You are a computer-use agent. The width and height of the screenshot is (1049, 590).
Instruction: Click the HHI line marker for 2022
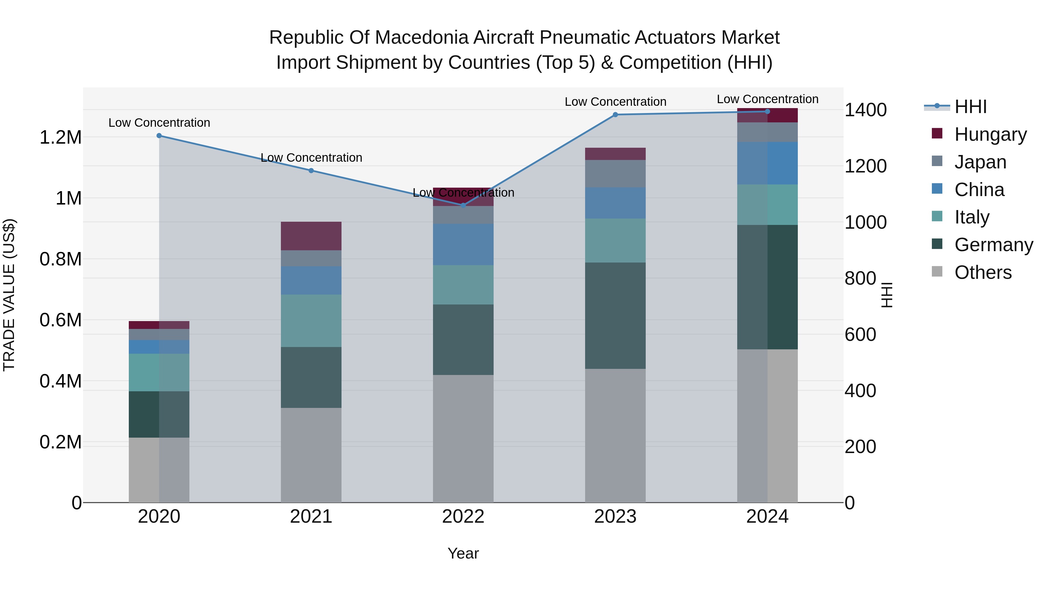point(463,205)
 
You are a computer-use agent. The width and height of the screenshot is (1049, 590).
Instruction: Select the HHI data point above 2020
point(159,135)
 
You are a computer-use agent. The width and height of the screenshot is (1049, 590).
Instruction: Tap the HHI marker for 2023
point(615,115)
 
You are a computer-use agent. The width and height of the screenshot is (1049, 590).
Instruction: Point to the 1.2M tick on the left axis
point(60,138)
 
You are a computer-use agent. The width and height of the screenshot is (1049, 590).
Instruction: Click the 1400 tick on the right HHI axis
point(865,110)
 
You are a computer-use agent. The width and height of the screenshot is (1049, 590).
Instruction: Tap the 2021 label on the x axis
point(311,516)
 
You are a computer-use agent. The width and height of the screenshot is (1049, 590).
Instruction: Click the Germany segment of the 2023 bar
point(615,316)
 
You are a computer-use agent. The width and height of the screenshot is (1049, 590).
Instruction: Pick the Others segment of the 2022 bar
point(463,438)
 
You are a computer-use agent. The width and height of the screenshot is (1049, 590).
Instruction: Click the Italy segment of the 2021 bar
point(311,320)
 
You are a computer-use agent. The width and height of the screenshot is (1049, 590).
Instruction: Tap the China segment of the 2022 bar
point(463,244)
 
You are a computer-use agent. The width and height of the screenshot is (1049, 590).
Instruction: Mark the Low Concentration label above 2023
point(615,102)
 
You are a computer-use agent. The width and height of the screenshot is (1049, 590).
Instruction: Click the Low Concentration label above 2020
point(159,123)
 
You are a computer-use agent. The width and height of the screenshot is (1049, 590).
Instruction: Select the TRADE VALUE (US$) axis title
point(9,295)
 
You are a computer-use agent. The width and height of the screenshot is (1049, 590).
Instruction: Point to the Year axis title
point(463,553)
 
